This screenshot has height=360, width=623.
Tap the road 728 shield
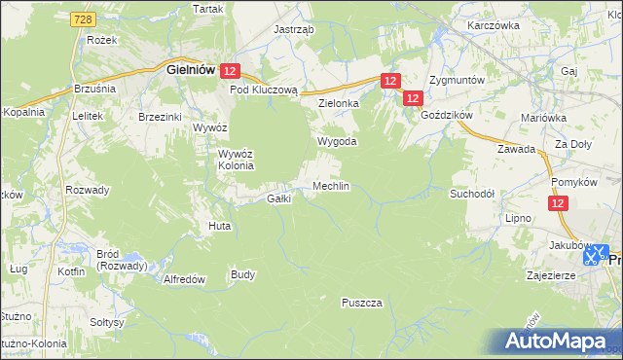tap(84, 19)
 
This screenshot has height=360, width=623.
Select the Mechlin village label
tap(331, 186)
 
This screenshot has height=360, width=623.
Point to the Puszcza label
tap(361, 303)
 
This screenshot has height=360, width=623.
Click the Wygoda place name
tap(337, 141)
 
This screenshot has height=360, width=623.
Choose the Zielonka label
tap(339, 102)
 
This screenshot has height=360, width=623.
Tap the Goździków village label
tap(447, 115)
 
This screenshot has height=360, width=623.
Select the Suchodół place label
tap(472, 194)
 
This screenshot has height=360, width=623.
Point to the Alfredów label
tap(184, 278)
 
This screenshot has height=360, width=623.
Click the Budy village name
tap(242, 274)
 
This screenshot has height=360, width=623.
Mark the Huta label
tap(219, 226)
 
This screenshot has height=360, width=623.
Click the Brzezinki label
tap(161, 116)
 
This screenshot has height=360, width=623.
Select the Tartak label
tap(207, 9)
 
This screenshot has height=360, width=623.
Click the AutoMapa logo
tap(560, 342)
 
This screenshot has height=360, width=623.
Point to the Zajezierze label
tap(553, 275)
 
